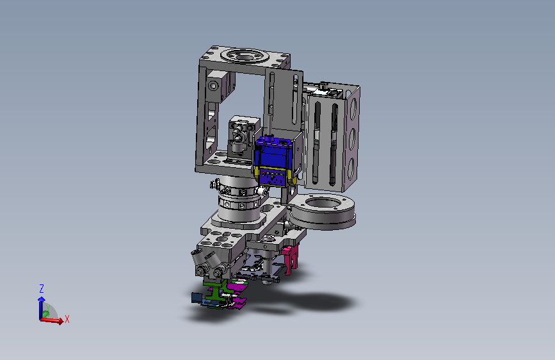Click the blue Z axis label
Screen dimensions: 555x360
(42, 288)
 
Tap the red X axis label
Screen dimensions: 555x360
(67, 319)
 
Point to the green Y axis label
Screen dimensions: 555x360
(47, 307)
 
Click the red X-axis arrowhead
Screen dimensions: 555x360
(61, 321)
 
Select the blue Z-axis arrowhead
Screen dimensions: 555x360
(42, 299)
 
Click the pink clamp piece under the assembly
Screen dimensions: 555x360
(289, 259)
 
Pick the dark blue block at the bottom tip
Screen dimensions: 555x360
(196, 298)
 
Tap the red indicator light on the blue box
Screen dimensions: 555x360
(263, 173)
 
